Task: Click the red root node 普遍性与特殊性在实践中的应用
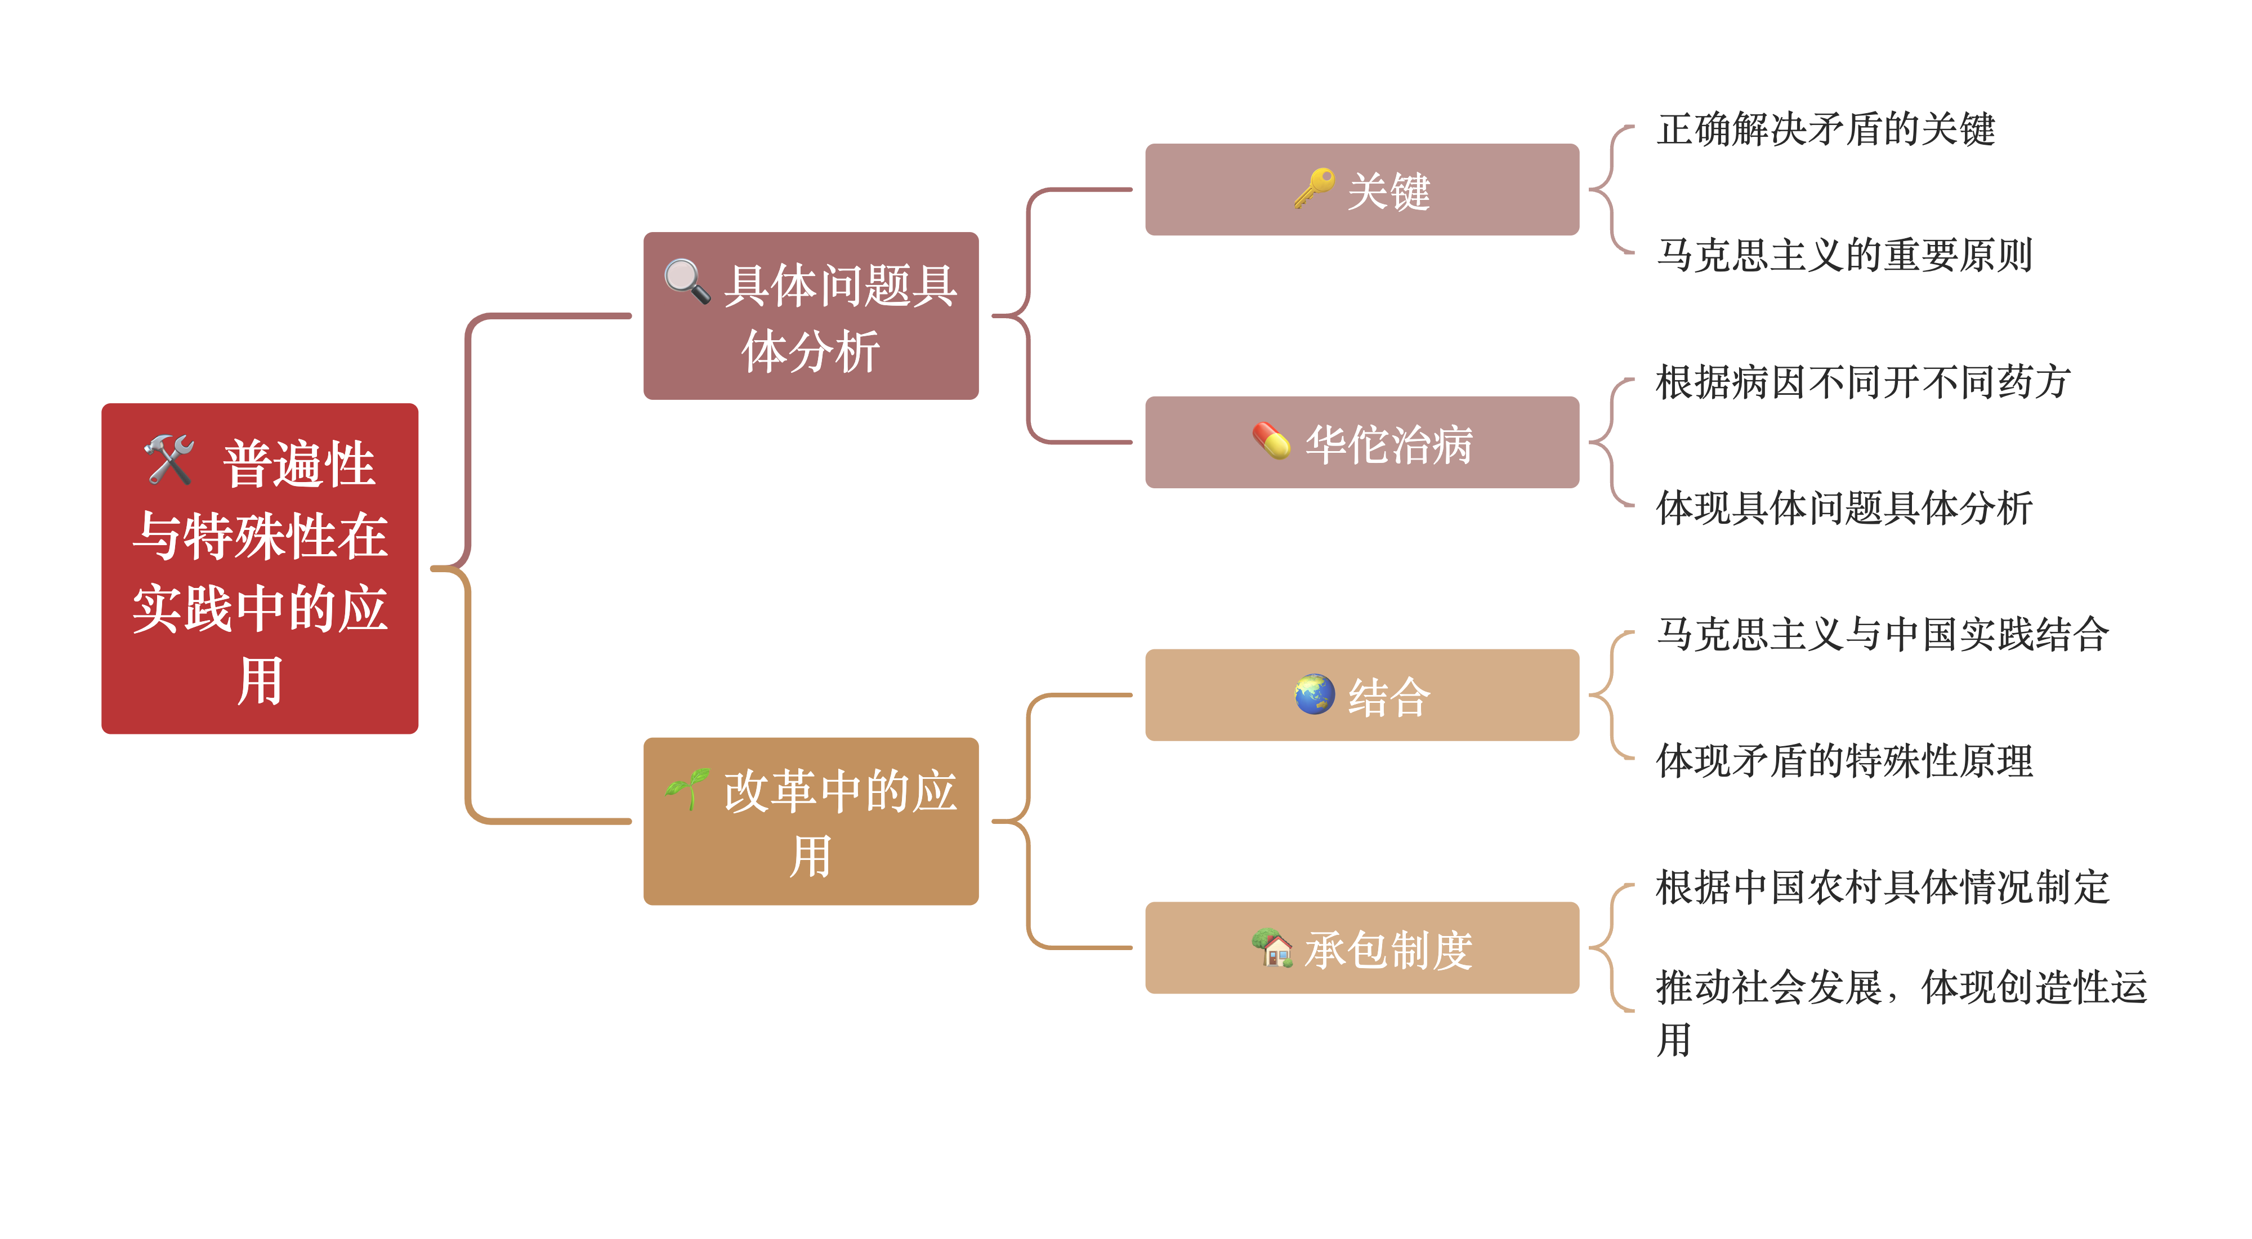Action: [x=260, y=568]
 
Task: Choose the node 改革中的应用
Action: [x=810, y=821]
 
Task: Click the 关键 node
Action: [x=1361, y=190]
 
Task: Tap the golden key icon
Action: [x=1314, y=188]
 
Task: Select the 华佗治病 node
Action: [x=1361, y=443]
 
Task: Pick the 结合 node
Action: [x=1361, y=695]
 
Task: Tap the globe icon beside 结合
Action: [x=1314, y=694]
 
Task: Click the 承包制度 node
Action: [x=1361, y=948]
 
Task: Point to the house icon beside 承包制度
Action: [x=1272, y=948]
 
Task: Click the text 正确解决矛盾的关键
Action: [x=1825, y=130]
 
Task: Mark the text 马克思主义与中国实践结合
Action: [x=1882, y=634]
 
